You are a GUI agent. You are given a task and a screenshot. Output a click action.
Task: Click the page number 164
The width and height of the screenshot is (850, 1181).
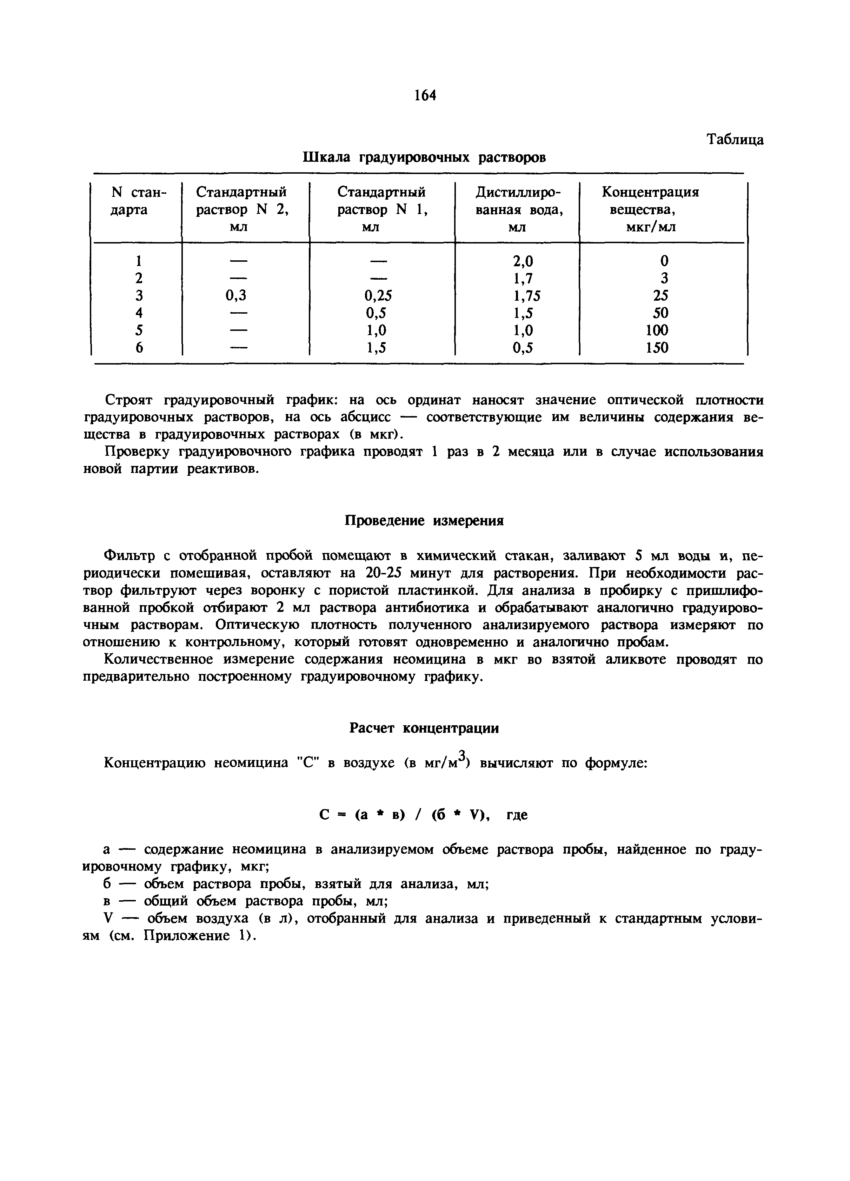coord(425,95)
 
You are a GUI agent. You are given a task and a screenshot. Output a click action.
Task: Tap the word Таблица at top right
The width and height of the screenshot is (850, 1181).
coord(735,140)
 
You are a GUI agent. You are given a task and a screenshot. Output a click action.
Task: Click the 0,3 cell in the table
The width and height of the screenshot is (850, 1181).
coord(235,295)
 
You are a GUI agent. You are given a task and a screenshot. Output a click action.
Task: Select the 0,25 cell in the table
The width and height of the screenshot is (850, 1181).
coord(378,295)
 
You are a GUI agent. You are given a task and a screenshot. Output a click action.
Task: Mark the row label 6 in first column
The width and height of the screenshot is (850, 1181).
coord(139,347)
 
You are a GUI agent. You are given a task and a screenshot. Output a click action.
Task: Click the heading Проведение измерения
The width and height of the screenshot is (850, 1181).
coord(425,521)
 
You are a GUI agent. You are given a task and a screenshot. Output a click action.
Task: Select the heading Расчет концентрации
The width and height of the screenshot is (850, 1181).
coord(424,728)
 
